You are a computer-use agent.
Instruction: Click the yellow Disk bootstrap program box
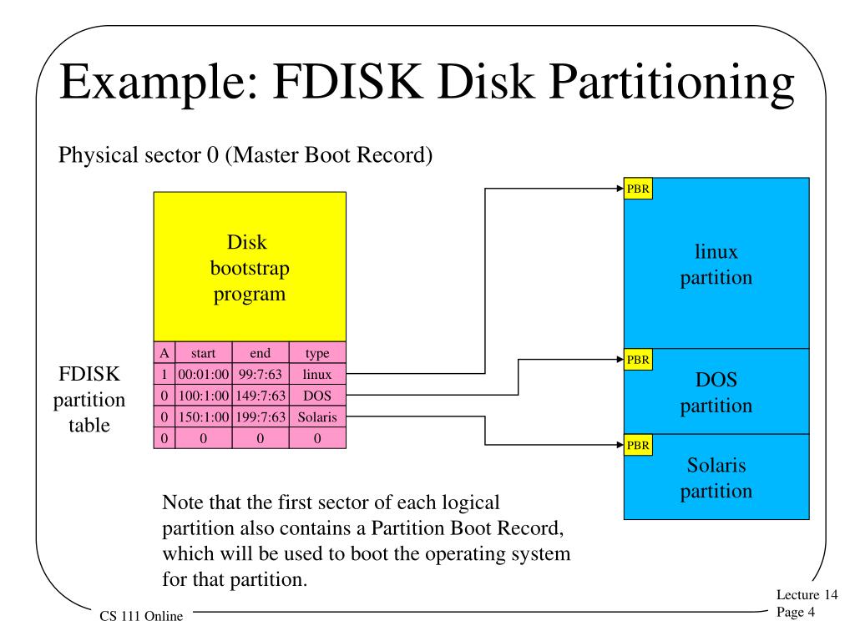(x=250, y=269)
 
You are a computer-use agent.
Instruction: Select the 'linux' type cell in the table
(x=317, y=375)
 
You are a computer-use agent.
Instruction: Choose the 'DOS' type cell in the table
(x=317, y=396)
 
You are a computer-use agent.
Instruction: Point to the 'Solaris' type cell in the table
(x=317, y=418)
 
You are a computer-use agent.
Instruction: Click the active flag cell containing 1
(x=164, y=375)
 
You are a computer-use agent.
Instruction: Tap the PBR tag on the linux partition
(x=638, y=189)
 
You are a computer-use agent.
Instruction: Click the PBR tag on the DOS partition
(x=638, y=360)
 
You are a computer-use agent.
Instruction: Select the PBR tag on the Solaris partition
(x=638, y=446)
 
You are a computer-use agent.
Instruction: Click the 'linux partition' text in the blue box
(x=716, y=264)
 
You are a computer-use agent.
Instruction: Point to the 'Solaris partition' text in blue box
(x=716, y=477)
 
